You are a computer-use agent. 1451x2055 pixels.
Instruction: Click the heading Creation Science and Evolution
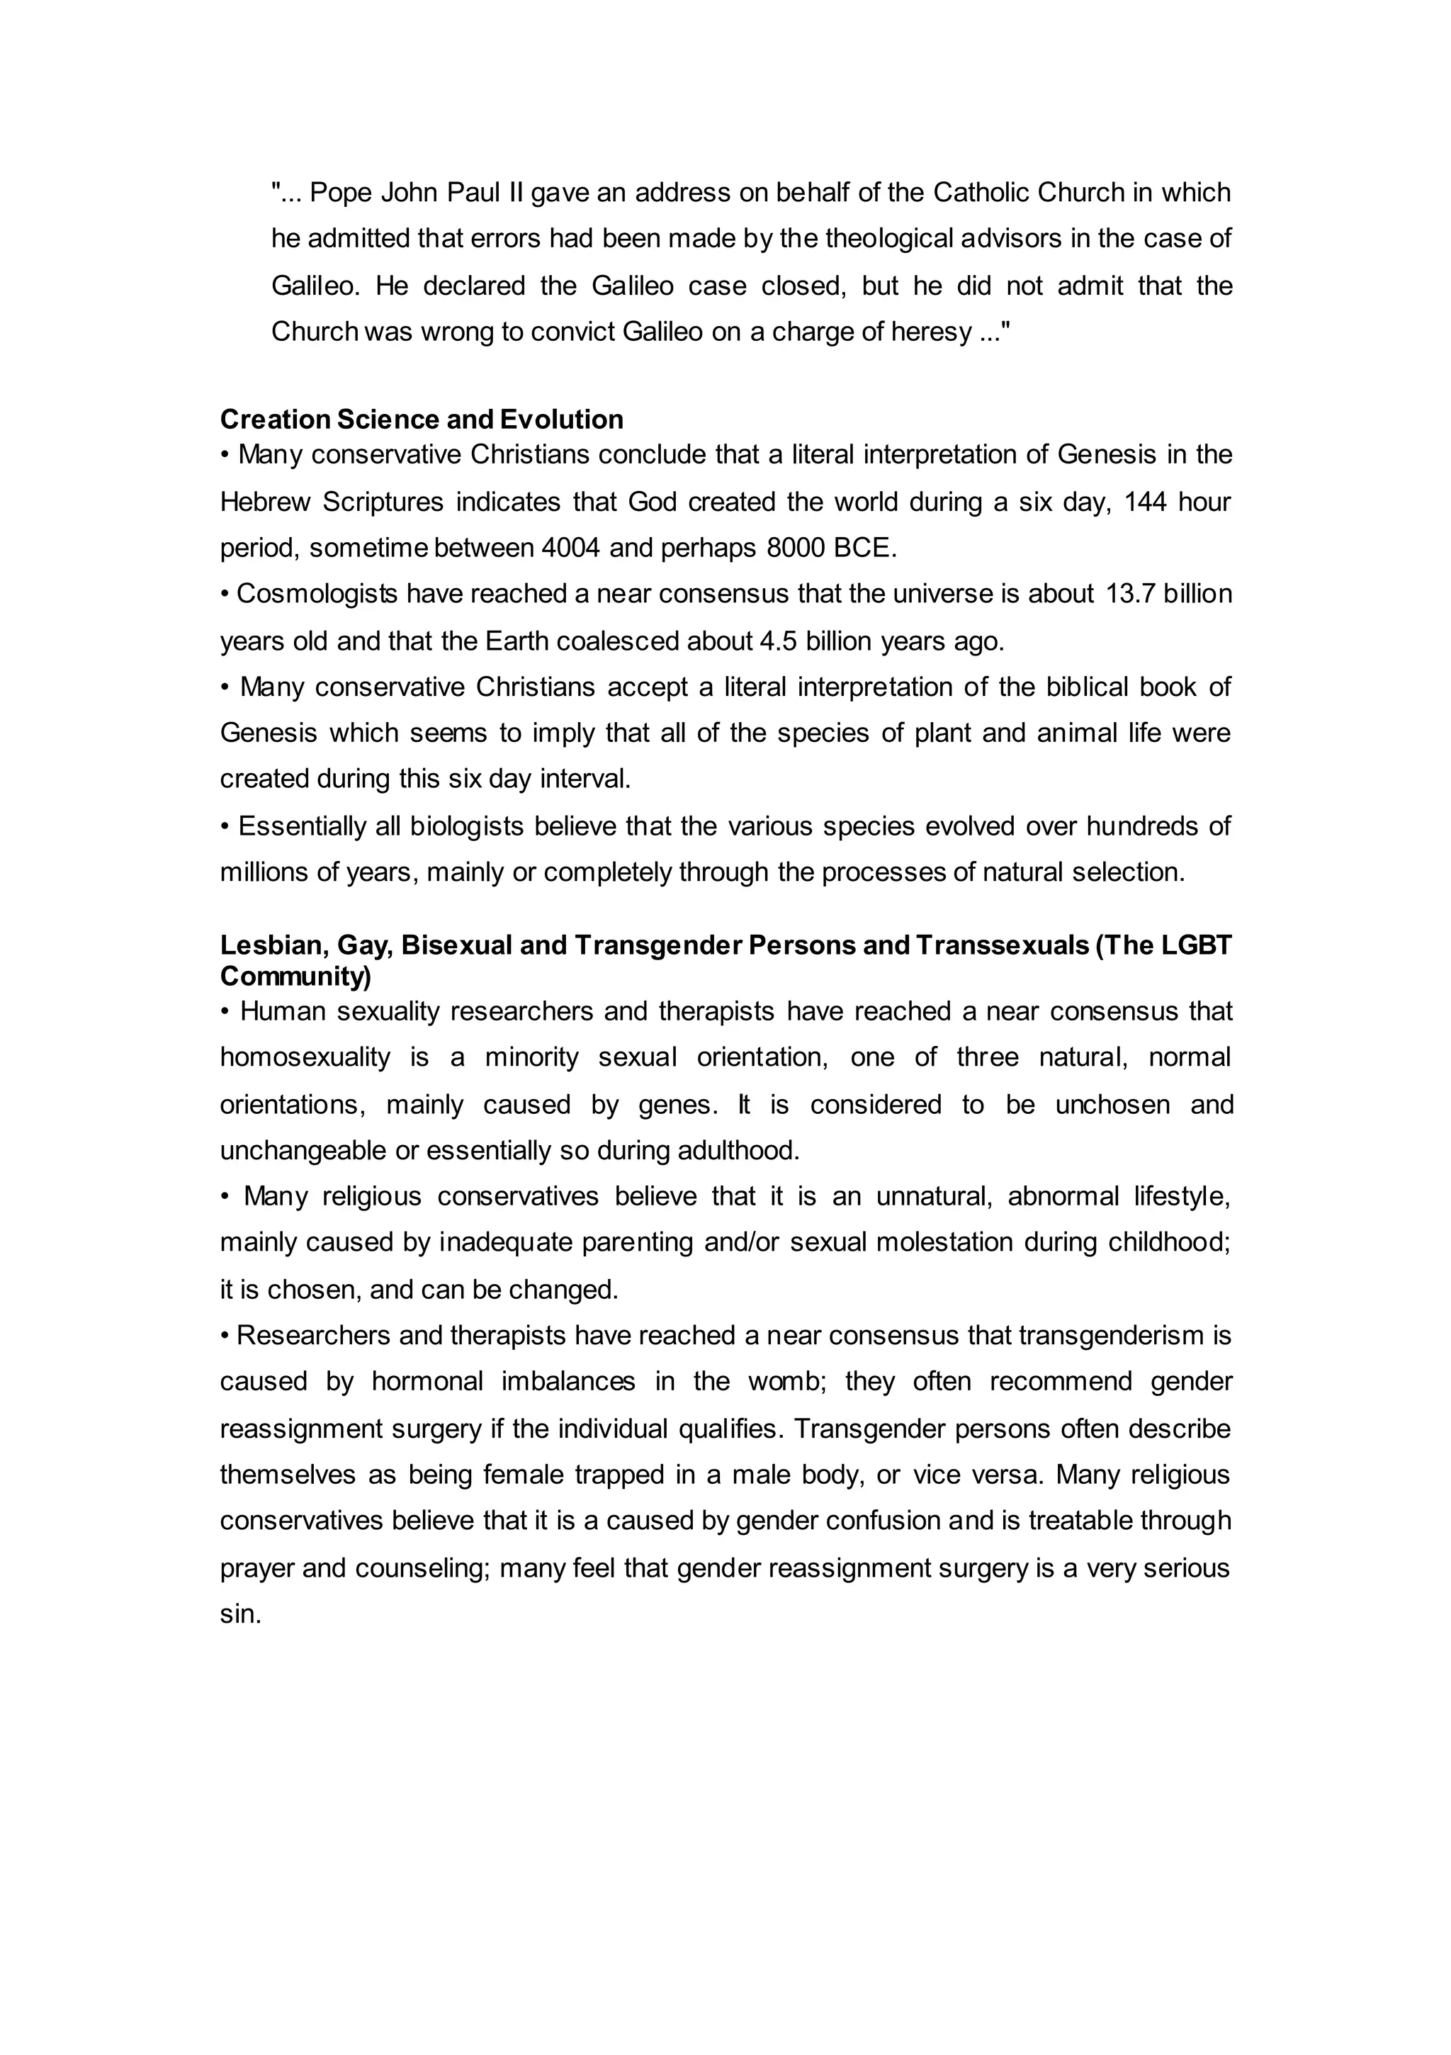(422, 419)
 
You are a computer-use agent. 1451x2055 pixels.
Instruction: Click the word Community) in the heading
(295, 976)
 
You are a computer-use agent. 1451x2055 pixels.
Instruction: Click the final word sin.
(240, 1615)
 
